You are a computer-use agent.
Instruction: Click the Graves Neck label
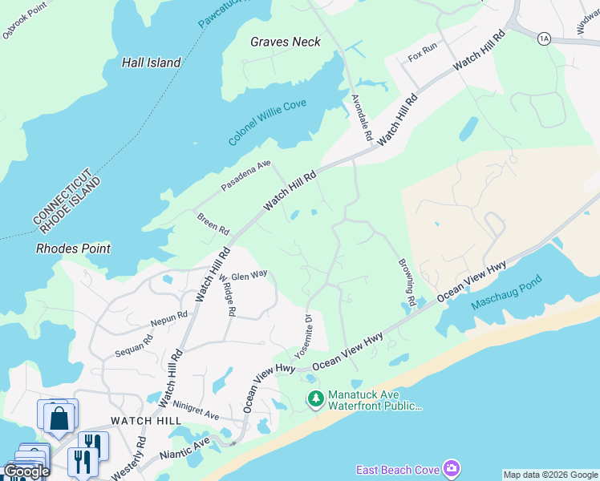click(285, 42)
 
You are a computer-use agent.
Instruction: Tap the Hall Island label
click(152, 63)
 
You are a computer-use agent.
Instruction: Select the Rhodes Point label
click(73, 249)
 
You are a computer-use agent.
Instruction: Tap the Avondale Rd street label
click(363, 118)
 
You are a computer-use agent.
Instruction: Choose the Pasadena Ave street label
click(246, 175)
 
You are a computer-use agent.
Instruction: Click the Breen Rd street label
click(212, 223)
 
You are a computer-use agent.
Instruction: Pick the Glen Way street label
click(249, 274)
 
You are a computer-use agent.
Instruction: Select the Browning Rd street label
click(406, 283)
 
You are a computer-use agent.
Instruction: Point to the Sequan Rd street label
click(133, 345)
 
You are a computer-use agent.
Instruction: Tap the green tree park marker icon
click(316, 398)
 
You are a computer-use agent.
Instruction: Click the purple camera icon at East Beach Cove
click(452, 468)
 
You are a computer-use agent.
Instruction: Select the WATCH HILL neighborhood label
click(140, 420)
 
